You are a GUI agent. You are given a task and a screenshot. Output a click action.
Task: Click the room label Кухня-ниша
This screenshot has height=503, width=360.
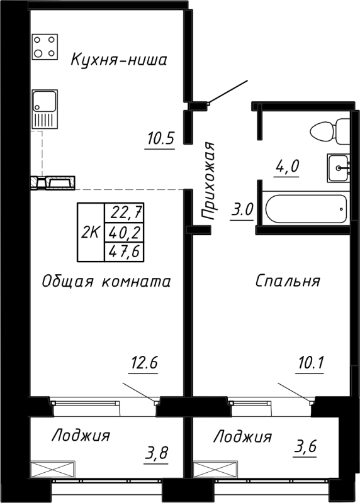click(x=118, y=60)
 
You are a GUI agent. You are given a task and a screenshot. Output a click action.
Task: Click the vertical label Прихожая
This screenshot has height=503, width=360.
click(x=209, y=181)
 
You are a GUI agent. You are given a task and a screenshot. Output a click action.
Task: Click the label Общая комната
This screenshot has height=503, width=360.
click(x=106, y=281)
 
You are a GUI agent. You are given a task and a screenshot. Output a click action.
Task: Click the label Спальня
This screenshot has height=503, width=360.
click(x=288, y=281)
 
